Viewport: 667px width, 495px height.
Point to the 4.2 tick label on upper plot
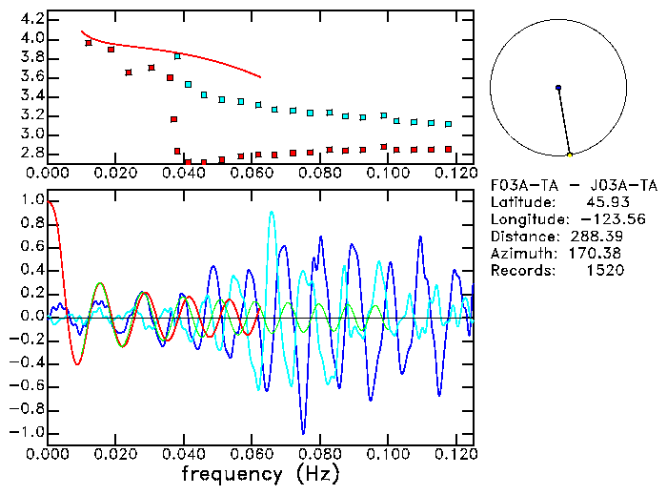27,19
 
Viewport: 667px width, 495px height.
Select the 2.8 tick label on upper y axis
27,153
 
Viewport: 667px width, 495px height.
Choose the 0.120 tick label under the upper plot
456,173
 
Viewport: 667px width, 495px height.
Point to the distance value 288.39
597,237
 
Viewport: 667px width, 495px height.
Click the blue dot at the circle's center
558,88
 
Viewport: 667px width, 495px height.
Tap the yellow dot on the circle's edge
570,155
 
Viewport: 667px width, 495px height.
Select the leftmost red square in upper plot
89,43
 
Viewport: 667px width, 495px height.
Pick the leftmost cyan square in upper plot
177,56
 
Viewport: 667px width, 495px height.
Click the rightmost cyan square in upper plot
448,124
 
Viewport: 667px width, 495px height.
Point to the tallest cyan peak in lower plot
273,213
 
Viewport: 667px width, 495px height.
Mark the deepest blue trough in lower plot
303,432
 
